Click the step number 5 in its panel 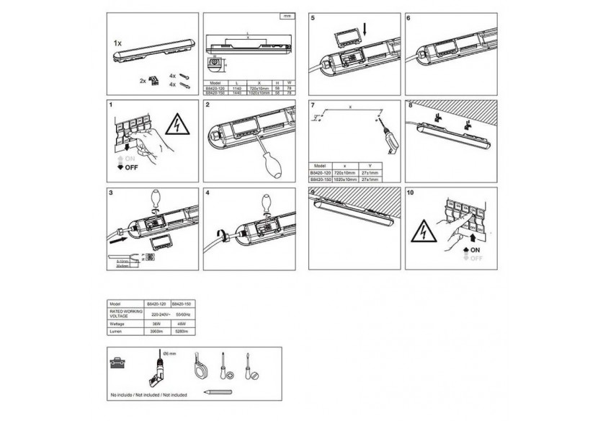(x=313, y=17)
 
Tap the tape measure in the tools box (x=200, y=365)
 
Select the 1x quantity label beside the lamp (x=118, y=44)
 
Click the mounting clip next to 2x (x=152, y=80)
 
